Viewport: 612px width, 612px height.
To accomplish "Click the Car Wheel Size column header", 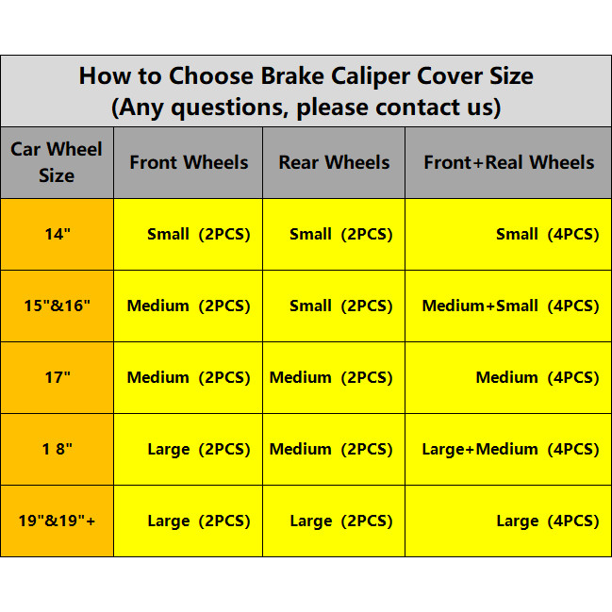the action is [57, 162].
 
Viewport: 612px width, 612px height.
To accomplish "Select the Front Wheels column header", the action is [189, 162].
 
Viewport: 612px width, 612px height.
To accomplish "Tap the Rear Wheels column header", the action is [334, 162].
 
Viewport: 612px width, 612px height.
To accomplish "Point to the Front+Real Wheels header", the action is [509, 162].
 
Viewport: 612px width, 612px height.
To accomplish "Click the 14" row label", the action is [58, 234].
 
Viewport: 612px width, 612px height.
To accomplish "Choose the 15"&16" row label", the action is [57, 306].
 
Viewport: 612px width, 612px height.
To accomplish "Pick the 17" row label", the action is [58, 377].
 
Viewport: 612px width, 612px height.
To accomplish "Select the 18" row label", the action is [57, 449].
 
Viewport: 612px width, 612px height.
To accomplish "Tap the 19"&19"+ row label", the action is [57, 521].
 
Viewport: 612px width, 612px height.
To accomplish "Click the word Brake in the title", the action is [292, 75].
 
